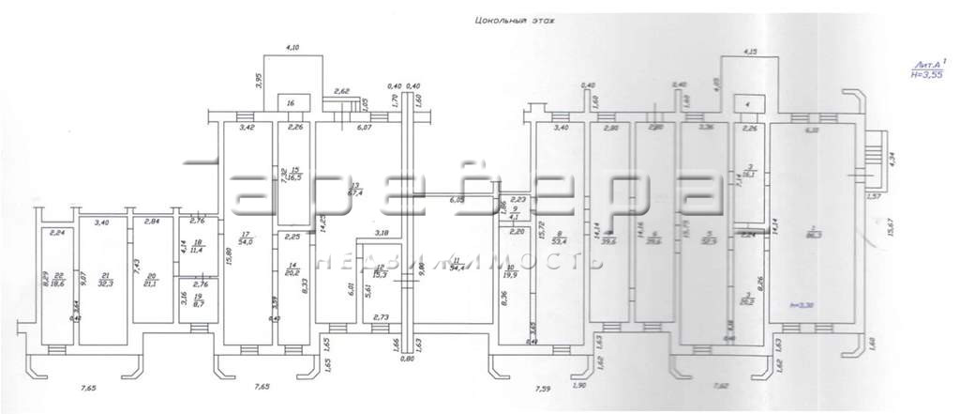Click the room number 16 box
pos(292,102)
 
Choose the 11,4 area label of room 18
pos(197,251)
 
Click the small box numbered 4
pos(748,102)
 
